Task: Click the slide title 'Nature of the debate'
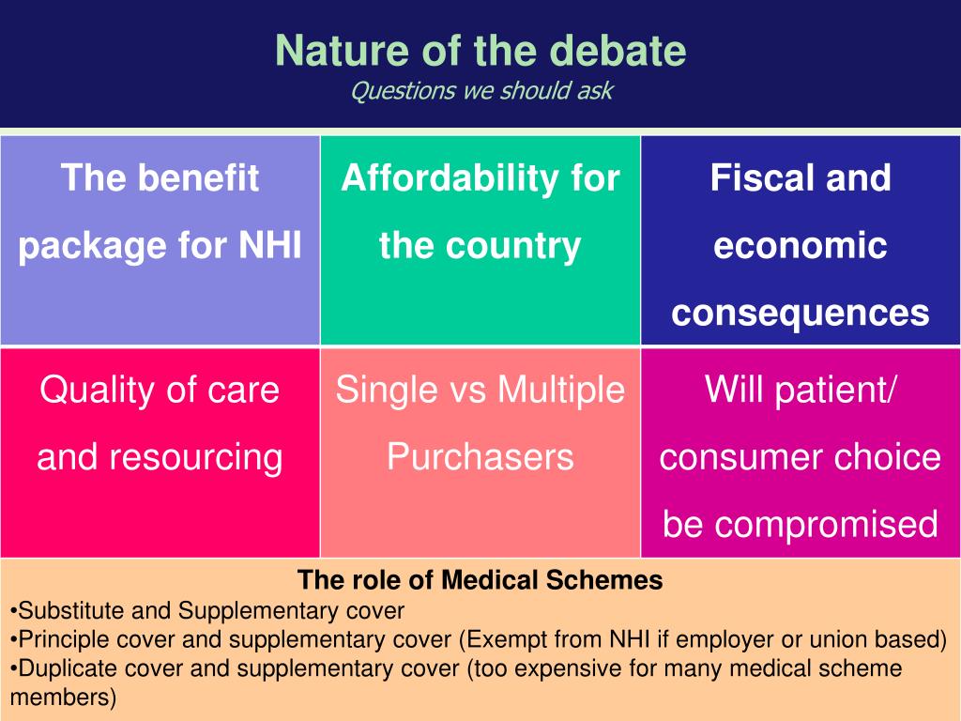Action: click(x=480, y=51)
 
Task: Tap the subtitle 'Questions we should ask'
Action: click(x=480, y=91)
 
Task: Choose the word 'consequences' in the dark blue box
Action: click(x=801, y=314)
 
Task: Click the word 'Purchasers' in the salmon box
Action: click(x=480, y=457)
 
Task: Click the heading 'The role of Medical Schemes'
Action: click(x=480, y=580)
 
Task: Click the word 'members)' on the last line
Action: click(x=64, y=698)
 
